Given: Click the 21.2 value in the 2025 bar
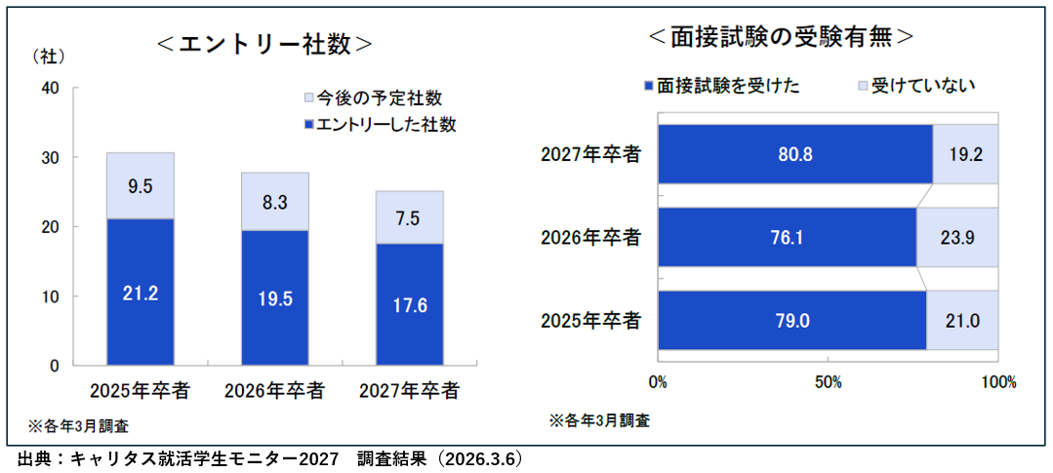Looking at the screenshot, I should [141, 291].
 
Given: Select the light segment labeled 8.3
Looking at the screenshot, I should [274, 202].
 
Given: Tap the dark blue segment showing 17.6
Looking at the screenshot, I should [410, 303].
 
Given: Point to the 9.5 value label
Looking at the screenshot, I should [141, 184].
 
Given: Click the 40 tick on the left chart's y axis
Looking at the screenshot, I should [51, 89].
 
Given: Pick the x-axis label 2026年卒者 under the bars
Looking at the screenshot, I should [274, 391].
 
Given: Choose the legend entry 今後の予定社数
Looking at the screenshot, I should [375, 99].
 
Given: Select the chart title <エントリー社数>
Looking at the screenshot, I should [264, 44].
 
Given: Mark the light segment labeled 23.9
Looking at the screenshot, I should [958, 237].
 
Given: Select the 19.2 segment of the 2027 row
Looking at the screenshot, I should [965, 154].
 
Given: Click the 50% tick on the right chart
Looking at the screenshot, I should [828, 380].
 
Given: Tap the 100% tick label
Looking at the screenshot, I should [997, 380].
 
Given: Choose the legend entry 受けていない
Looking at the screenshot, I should [916, 86].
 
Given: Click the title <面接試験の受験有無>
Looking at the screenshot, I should [781, 36].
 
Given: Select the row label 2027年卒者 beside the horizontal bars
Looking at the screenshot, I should [590, 153].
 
